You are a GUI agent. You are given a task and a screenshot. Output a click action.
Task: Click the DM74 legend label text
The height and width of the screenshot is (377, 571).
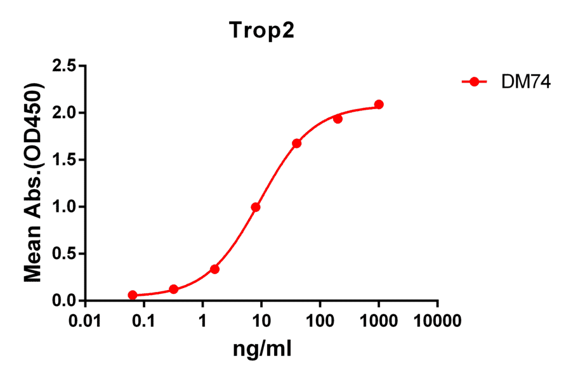tap(516, 82)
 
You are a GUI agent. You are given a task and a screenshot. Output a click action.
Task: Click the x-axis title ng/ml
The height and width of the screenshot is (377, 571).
tap(262, 349)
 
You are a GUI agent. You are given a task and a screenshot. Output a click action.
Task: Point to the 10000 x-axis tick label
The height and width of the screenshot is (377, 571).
tap(438, 321)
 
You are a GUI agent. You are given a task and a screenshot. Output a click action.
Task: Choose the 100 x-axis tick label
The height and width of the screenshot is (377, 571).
tap(320, 321)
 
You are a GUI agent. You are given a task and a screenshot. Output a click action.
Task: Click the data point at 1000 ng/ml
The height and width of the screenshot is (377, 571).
tap(379, 104)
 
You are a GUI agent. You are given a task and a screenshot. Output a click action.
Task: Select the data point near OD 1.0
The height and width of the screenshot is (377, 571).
tap(256, 207)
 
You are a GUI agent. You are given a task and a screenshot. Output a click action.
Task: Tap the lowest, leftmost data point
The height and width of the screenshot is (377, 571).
tap(133, 295)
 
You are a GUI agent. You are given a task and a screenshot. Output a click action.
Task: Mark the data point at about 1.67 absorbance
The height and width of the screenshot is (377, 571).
tap(296, 143)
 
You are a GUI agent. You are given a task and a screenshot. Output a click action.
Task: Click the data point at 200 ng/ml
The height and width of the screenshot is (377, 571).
tap(338, 119)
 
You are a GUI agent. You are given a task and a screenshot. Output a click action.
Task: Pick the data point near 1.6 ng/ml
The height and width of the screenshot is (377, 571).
tap(214, 269)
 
